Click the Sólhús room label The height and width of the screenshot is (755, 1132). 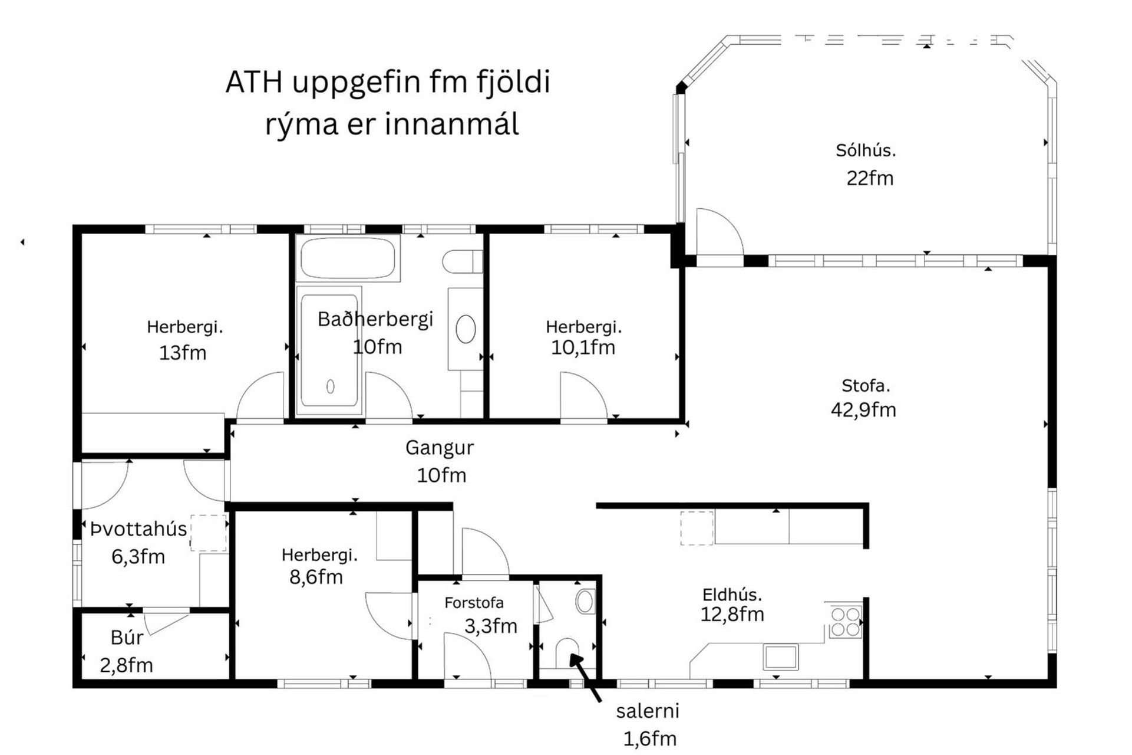[x=865, y=150]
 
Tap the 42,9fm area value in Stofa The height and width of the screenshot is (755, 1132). [x=863, y=409]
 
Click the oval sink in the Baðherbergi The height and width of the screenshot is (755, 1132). [x=466, y=329]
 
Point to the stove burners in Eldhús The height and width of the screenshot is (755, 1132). [x=845, y=622]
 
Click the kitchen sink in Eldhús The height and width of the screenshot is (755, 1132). [x=780, y=656]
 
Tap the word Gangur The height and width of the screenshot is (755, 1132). [x=439, y=448]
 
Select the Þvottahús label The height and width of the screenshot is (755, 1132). [x=138, y=529]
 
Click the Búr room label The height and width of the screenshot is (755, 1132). [x=127, y=638]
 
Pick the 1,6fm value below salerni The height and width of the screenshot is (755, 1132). [x=649, y=738]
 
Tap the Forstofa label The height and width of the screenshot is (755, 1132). [x=474, y=603]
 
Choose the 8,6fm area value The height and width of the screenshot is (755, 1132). [x=316, y=577]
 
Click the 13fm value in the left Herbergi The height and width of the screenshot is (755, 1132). [x=183, y=353]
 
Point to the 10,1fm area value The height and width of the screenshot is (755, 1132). [x=583, y=347]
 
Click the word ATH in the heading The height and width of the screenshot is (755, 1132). [x=254, y=83]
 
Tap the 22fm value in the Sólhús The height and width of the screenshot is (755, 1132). [x=870, y=178]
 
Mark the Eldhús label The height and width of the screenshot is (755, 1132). [x=732, y=595]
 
